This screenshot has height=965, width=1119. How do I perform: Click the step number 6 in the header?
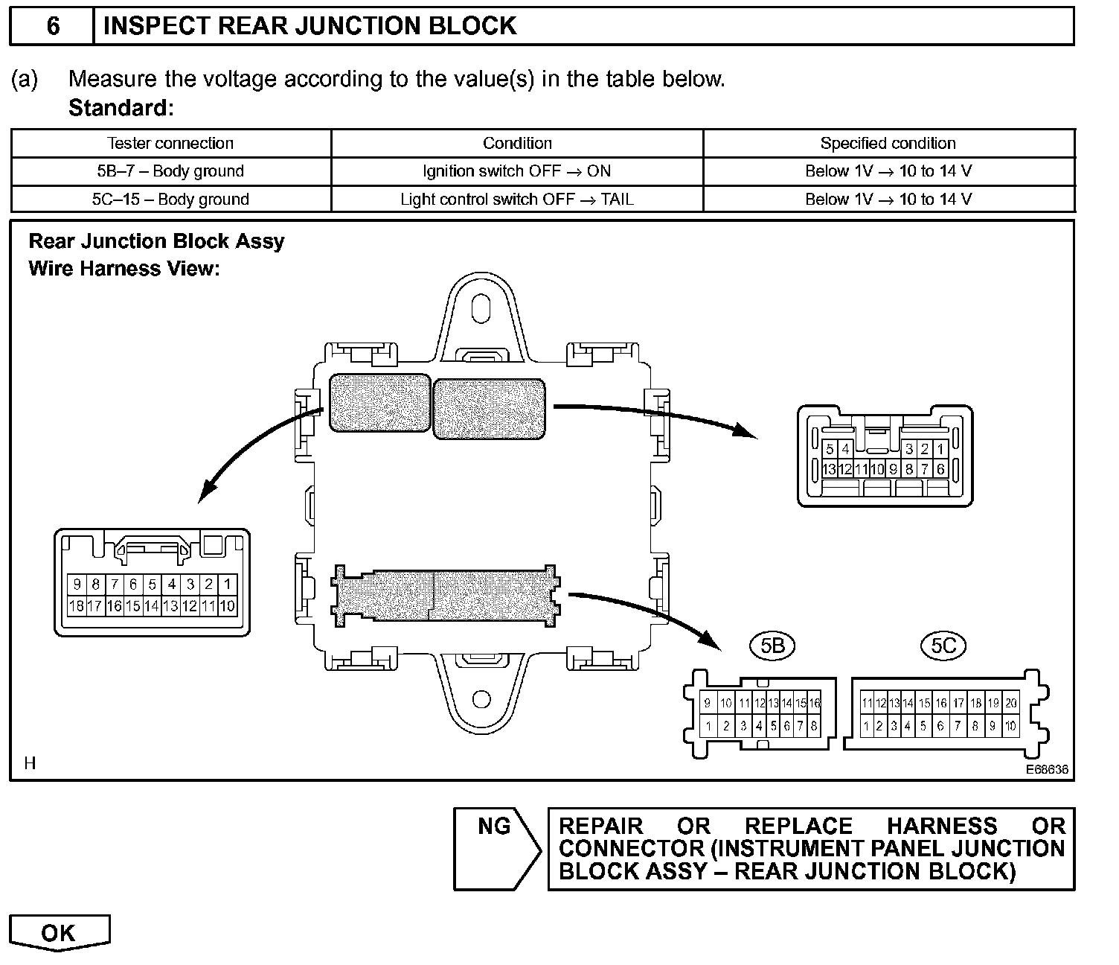pyautogui.click(x=53, y=26)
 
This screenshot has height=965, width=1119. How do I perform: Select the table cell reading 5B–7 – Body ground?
pyautogui.click(x=170, y=171)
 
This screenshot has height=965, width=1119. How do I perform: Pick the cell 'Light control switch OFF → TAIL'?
pyautogui.click(x=517, y=200)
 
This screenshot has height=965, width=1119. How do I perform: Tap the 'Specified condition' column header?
pyautogui.click(x=888, y=143)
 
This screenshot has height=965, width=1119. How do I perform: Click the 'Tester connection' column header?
pyautogui.click(x=170, y=143)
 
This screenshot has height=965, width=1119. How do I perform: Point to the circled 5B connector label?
pyautogui.click(x=773, y=646)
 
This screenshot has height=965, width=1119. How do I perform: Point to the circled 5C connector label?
pyautogui.click(x=943, y=646)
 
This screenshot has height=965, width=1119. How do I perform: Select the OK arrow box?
pyautogui.click(x=59, y=933)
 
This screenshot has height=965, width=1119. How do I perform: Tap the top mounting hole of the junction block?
pyautogui.click(x=481, y=308)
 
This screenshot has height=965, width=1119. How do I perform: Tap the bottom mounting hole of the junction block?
pyautogui.click(x=481, y=699)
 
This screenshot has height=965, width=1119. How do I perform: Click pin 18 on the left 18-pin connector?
pyautogui.click(x=76, y=606)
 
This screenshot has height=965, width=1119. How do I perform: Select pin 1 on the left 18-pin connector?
pyautogui.click(x=228, y=585)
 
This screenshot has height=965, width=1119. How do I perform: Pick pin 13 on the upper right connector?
pyautogui.click(x=830, y=469)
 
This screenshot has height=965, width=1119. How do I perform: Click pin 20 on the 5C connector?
pyautogui.click(x=1010, y=703)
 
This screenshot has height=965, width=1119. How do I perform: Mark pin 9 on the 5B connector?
pyautogui.click(x=708, y=703)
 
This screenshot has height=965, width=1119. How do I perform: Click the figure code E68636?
pyautogui.click(x=1047, y=770)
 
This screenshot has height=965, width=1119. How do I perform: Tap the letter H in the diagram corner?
pyautogui.click(x=30, y=763)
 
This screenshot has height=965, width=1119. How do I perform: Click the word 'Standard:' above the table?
pyautogui.click(x=121, y=109)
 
